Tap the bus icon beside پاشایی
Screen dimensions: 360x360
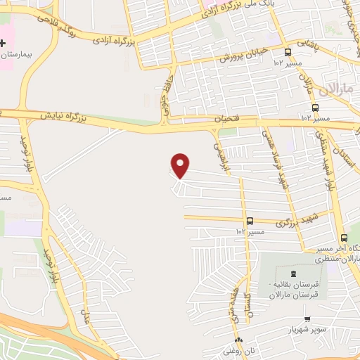coord(288,52)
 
